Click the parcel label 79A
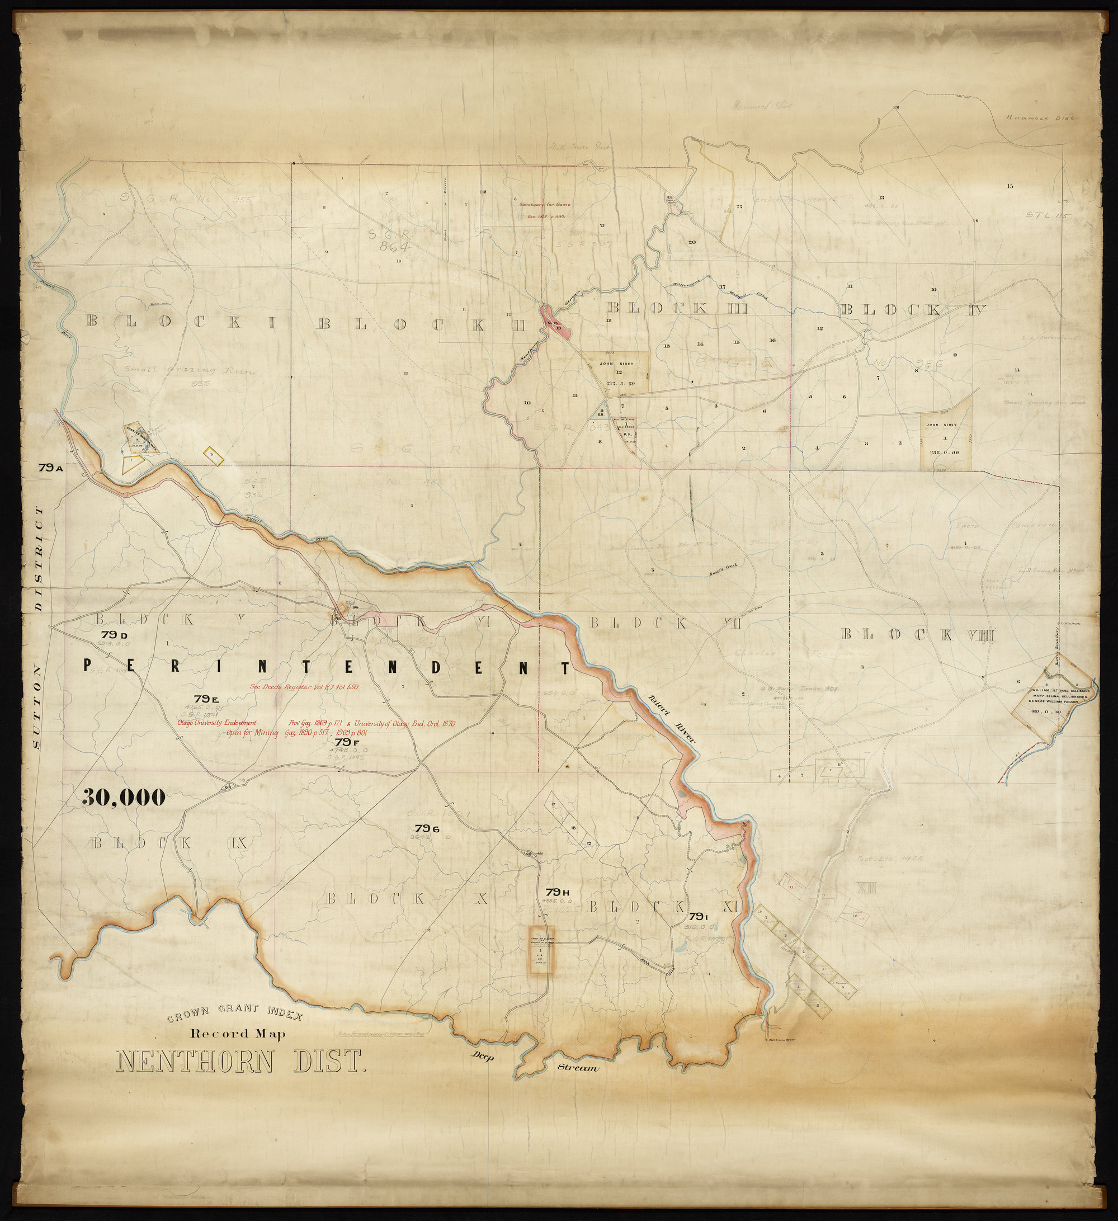[51, 468]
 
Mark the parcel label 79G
[426, 828]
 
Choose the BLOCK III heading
[678, 307]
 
